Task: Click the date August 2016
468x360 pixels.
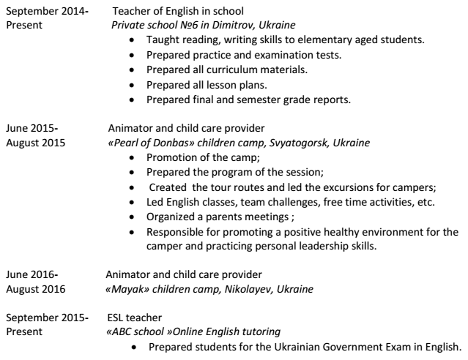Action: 35,289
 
